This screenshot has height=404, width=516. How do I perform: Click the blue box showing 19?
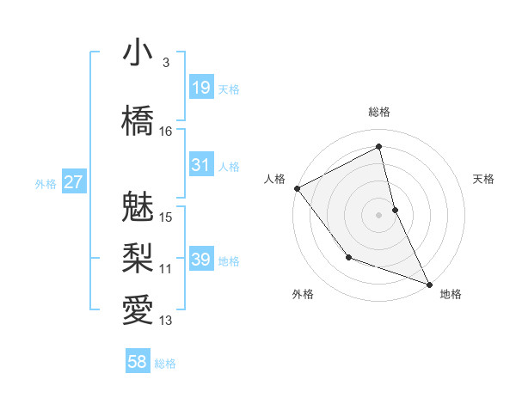point(200,88)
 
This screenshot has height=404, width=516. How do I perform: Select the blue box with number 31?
point(200,165)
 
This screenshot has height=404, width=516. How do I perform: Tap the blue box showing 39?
point(200,260)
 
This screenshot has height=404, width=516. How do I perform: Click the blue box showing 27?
point(73,182)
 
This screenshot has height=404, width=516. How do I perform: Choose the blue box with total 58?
point(138,362)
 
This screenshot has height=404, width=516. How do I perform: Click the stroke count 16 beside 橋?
point(166,131)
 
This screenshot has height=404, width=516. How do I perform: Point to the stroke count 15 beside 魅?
point(166,217)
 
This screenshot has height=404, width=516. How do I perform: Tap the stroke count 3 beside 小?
point(165,62)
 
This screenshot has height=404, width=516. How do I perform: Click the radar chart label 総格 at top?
point(378,112)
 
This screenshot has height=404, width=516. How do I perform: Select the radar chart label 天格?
point(484,179)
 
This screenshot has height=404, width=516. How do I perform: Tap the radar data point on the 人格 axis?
point(297,188)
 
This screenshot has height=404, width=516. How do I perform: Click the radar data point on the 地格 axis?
point(429,284)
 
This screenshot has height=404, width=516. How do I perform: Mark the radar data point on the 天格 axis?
point(395,209)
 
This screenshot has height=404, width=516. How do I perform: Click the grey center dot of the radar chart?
point(378,214)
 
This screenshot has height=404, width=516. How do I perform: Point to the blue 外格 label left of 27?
point(46,183)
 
